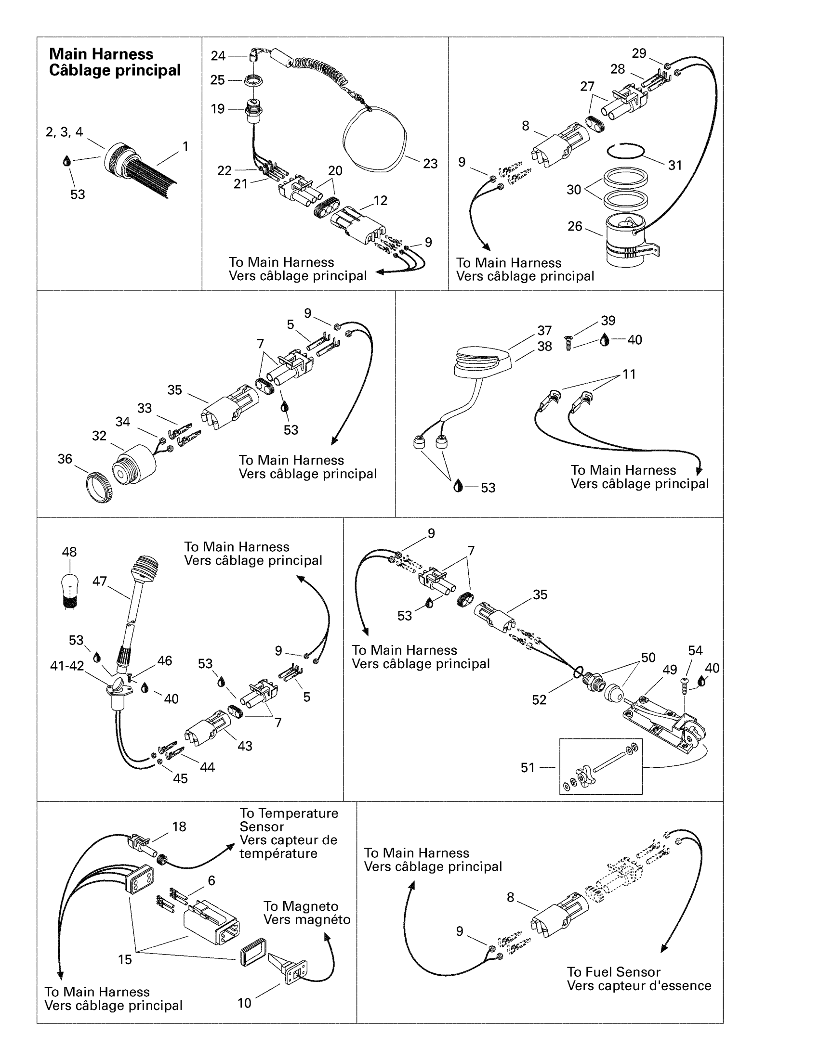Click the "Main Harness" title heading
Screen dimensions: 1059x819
pyautogui.click(x=101, y=54)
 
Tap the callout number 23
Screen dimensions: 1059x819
pyautogui.click(x=430, y=164)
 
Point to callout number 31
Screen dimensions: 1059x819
pyautogui.click(x=675, y=165)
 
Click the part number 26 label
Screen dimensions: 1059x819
pyautogui.click(x=574, y=226)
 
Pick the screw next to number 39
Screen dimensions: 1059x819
pyautogui.click(x=568, y=343)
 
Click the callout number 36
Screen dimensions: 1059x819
pyautogui.click(x=65, y=459)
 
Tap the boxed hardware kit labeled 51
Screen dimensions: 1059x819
pyautogui.click(x=601, y=767)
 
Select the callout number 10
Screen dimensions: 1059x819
pyautogui.click(x=245, y=1003)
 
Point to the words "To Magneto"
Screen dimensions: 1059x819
pyautogui.click(x=301, y=906)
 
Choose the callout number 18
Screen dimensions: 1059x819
pyautogui.click(x=179, y=827)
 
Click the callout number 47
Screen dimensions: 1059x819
pyautogui.click(x=99, y=581)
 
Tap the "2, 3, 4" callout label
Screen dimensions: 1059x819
pyautogui.click(x=65, y=132)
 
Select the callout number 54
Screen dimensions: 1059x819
pyautogui.click(x=695, y=651)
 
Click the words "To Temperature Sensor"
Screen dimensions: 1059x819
pyautogui.click(x=288, y=820)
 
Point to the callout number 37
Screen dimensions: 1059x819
pyautogui.click(x=544, y=331)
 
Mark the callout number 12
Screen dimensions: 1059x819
pyautogui.click(x=381, y=201)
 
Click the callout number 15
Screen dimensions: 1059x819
pyautogui.click(x=125, y=959)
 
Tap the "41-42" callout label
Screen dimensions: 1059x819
pyautogui.click(x=67, y=666)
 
